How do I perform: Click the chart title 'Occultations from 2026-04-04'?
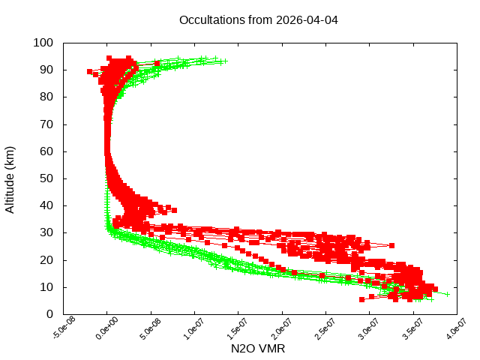coord(258,19)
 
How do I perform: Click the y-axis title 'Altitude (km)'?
coord(10,179)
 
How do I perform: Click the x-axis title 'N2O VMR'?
coord(257,349)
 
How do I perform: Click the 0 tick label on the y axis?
coord(49,314)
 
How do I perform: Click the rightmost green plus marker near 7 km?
coord(447,294)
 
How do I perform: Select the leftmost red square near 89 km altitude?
coord(90,72)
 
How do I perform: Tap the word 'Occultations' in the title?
coord(213,19)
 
